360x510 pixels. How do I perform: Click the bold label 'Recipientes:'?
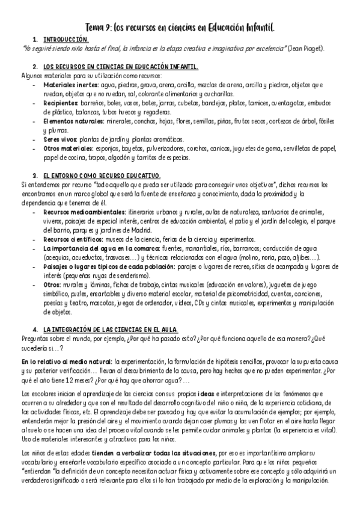[x=61, y=103]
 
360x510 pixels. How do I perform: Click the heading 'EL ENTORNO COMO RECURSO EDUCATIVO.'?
[x=102, y=176]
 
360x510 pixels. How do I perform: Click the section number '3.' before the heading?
[x=35, y=176]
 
